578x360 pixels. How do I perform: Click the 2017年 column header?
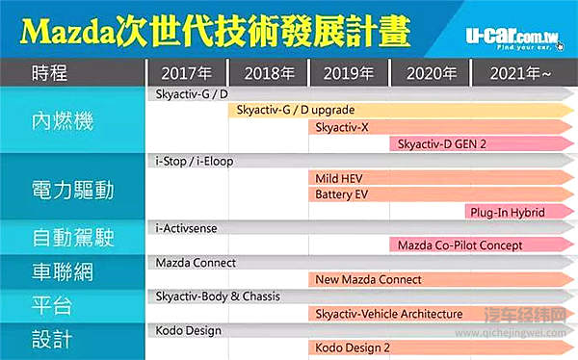tap(186, 72)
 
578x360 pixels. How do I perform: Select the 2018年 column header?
tap(269, 72)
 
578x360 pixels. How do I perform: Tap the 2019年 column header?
tap(350, 72)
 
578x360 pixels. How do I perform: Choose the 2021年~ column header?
tap(521, 72)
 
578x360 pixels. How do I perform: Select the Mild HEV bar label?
tap(339, 178)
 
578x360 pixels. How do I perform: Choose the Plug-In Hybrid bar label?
tap(507, 212)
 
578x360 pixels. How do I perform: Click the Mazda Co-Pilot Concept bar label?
tap(460, 245)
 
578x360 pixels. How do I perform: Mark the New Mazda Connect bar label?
tap(368, 279)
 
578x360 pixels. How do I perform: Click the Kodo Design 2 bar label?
tap(354, 347)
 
